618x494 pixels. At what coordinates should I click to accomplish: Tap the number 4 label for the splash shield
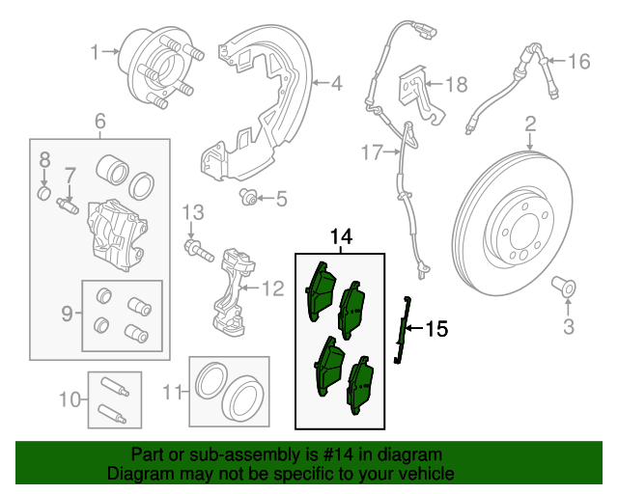click(336, 84)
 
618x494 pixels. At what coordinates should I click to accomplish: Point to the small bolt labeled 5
click(248, 199)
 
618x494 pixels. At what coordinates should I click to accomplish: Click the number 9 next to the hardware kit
click(67, 313)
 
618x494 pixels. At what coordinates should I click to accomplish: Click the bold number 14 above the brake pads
click(341, 237)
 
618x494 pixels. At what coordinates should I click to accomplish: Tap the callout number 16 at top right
click(577, 63)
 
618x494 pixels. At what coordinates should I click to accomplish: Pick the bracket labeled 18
click(415, 85)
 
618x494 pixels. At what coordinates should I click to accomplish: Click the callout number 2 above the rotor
click(530, 123)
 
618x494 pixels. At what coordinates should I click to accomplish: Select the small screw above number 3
click(565, 287)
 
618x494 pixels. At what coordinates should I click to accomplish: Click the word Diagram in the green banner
click(137, 475)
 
